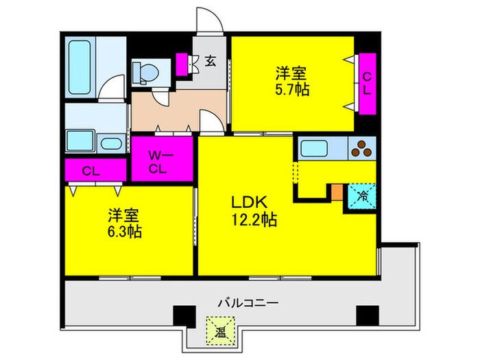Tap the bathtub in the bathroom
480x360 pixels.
pos(80,67)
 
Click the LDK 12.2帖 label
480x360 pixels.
pos(254,211)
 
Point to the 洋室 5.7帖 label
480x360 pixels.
pos(292,81)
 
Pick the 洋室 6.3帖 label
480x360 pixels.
pos(125,224)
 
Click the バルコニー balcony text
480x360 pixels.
pos(248,303)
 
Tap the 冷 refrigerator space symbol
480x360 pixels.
pos(362,197)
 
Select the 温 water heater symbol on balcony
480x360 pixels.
pos(220,331)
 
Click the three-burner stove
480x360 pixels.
pos(362,148)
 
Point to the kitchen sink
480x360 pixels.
pos(314,148)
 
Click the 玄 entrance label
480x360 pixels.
pos(211,60)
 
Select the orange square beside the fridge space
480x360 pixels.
pos(337,192)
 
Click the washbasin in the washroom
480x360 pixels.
pos(111,143)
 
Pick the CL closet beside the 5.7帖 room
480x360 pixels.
pos(367,84)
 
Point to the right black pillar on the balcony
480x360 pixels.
pos(368,315)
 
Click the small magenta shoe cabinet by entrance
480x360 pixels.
pos(182,64)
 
